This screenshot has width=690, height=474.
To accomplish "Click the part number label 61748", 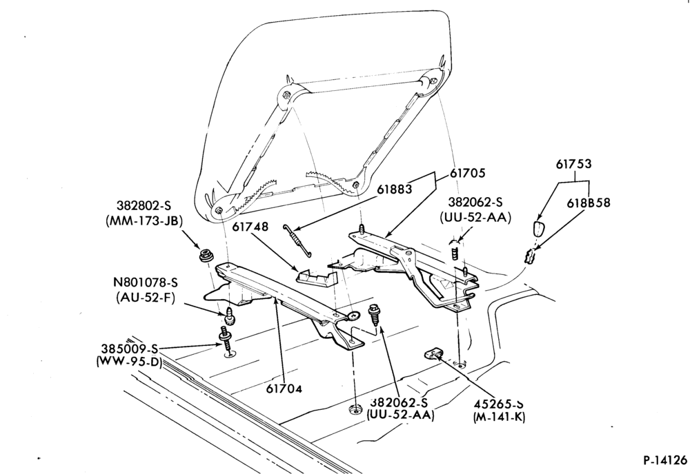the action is point(250,227).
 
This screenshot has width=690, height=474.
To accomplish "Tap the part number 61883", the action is point(395,189).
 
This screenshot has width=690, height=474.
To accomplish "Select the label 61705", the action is point(467,173).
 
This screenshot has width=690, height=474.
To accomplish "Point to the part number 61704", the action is point(284,389).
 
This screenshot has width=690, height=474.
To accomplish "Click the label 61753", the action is point(573,164).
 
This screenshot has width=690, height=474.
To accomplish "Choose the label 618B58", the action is point(589,203).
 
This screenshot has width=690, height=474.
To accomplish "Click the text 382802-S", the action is point(144,205).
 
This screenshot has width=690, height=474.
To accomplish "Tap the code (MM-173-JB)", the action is point(144,221).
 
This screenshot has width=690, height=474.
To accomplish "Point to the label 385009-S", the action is point(130,349).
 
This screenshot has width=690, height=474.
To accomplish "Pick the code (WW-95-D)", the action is point(129,363).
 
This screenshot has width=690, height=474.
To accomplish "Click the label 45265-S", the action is point(500,403).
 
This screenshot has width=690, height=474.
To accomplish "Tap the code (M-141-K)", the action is point(500,418).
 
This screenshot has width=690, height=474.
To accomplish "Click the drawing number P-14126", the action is point(665,460).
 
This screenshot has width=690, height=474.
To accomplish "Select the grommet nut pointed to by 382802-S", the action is point(205,255).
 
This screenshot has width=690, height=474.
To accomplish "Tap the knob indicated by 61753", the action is point(539,229).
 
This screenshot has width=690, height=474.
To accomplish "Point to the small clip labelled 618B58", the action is point(530,256).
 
